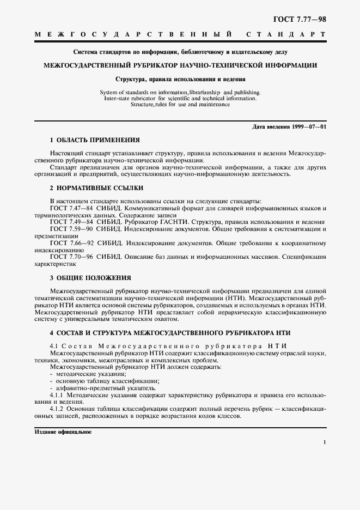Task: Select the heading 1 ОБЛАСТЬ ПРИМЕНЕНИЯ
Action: click(x=95, y=140)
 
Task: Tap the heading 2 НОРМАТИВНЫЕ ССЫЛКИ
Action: click(x=96, y=188)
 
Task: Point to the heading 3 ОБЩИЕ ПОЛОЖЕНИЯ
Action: click(x=90, y=277)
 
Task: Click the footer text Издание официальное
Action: click(x=63, y=432)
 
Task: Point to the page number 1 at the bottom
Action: click(x=325, y=444)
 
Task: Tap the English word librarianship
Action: click(x=204, y=92)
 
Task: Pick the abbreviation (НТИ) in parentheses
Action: click(x=235, y=299)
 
